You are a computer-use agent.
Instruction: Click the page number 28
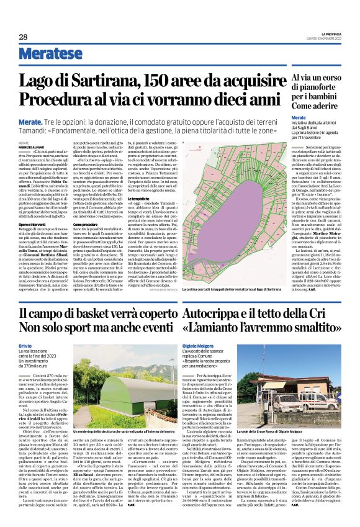tap(23, 37)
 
